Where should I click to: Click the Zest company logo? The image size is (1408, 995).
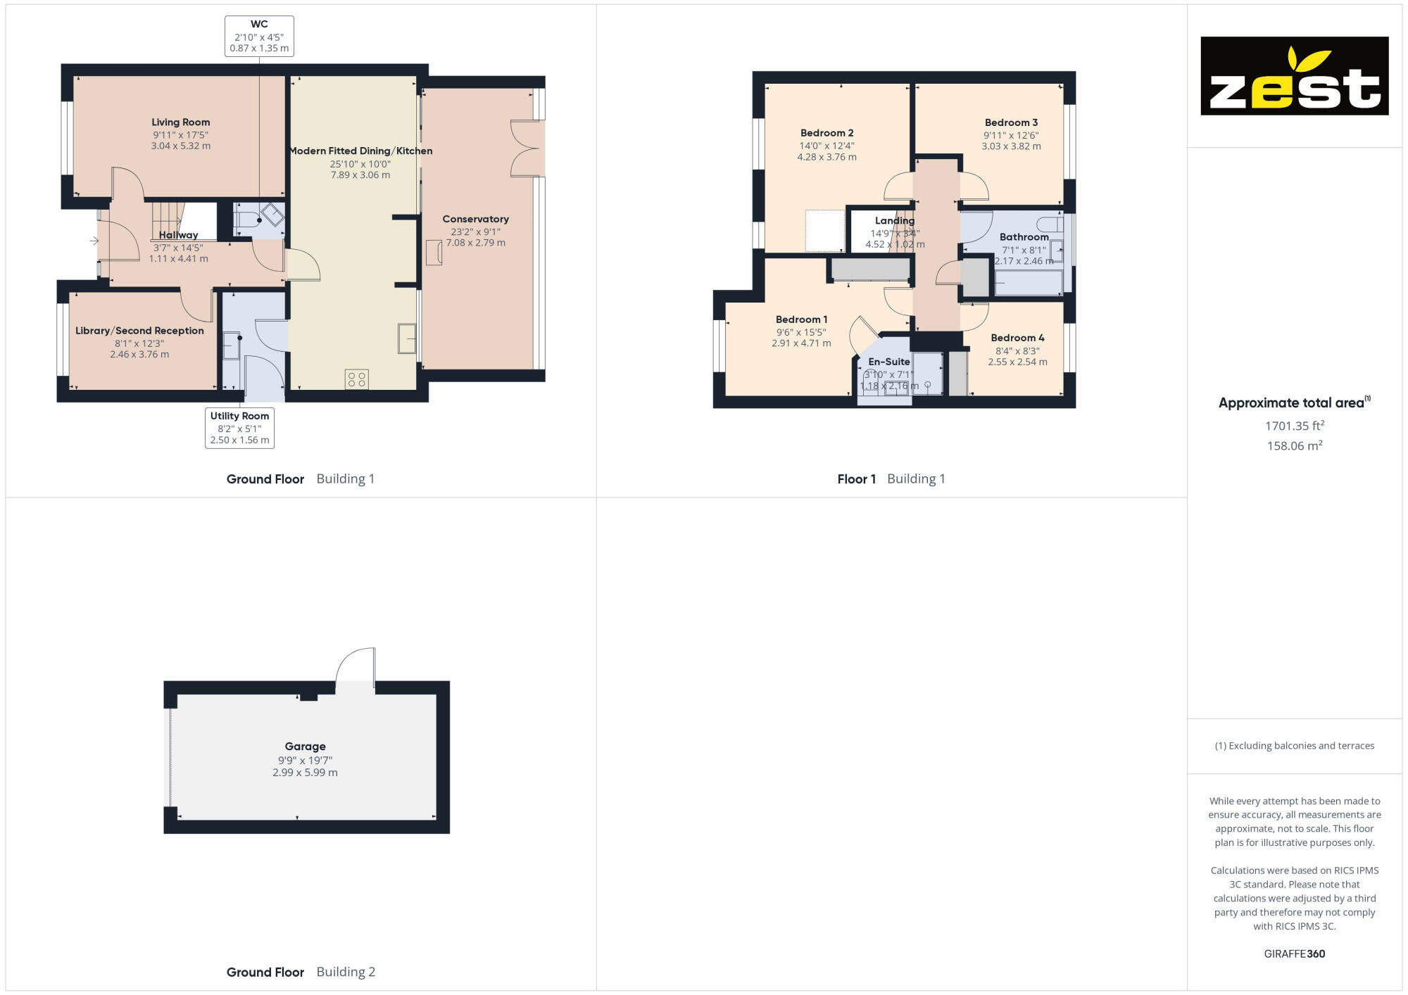(1294, 76)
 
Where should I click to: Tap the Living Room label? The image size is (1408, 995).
(180, 122)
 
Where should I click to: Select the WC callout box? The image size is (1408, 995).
(259, 36)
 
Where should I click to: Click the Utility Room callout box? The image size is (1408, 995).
(239, 428)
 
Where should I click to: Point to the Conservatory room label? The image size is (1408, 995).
(475, 220)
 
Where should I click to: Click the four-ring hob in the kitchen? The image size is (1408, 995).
(357, 380)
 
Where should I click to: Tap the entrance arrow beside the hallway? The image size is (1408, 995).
(94, 241)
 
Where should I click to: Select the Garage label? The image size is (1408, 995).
(305, 747)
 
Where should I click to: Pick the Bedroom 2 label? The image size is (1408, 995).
(826, 133)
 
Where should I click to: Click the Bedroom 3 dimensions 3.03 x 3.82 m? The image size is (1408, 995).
(1011, 146)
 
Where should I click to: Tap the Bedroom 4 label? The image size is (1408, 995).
(1017, 338)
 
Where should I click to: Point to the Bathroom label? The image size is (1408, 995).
(1024, 237)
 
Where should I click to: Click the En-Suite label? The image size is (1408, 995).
(888, 362)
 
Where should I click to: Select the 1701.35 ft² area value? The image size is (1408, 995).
(1294, 426)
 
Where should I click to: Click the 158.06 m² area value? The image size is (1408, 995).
(1294, 446)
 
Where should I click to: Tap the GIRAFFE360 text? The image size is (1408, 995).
(1294, 954)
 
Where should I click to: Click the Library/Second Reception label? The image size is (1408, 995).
(139, 331)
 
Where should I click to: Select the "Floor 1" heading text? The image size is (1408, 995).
(856, 479)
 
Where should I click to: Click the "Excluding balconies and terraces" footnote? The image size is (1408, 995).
(1294, 746)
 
